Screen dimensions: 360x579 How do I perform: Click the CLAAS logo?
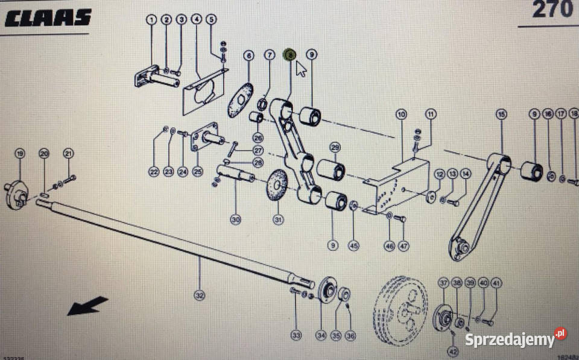tap(48, 17)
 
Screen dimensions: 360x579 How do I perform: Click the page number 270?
tap(552, 10)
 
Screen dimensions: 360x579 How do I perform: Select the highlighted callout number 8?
tap(290, 55)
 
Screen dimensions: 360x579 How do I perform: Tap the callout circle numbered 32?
tap(200, 295)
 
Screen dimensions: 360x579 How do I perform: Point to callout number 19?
tap(19, 154)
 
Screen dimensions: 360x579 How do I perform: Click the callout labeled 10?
tap(402, 114)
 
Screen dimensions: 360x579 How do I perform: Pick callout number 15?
tap(500, 114)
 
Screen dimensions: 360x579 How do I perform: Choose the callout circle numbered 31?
tap(278, 220)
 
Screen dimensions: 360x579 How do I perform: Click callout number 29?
tap(335, 147)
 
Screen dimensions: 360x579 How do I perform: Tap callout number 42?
tap(452, 350)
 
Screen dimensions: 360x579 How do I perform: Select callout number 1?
tap(151, 19)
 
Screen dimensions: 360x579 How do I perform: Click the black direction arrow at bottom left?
tap(87, 306)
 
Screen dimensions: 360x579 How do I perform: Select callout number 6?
tap(248, 56)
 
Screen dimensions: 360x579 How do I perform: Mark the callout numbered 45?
tap(353, 245)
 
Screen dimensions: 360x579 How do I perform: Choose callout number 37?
tap(443, 283)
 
